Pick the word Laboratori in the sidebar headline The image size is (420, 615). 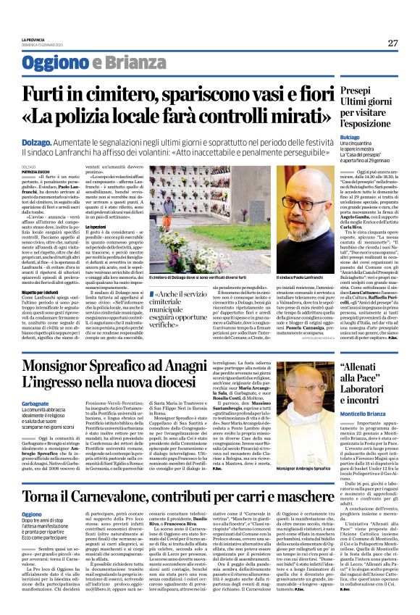(x=369, y=385)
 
